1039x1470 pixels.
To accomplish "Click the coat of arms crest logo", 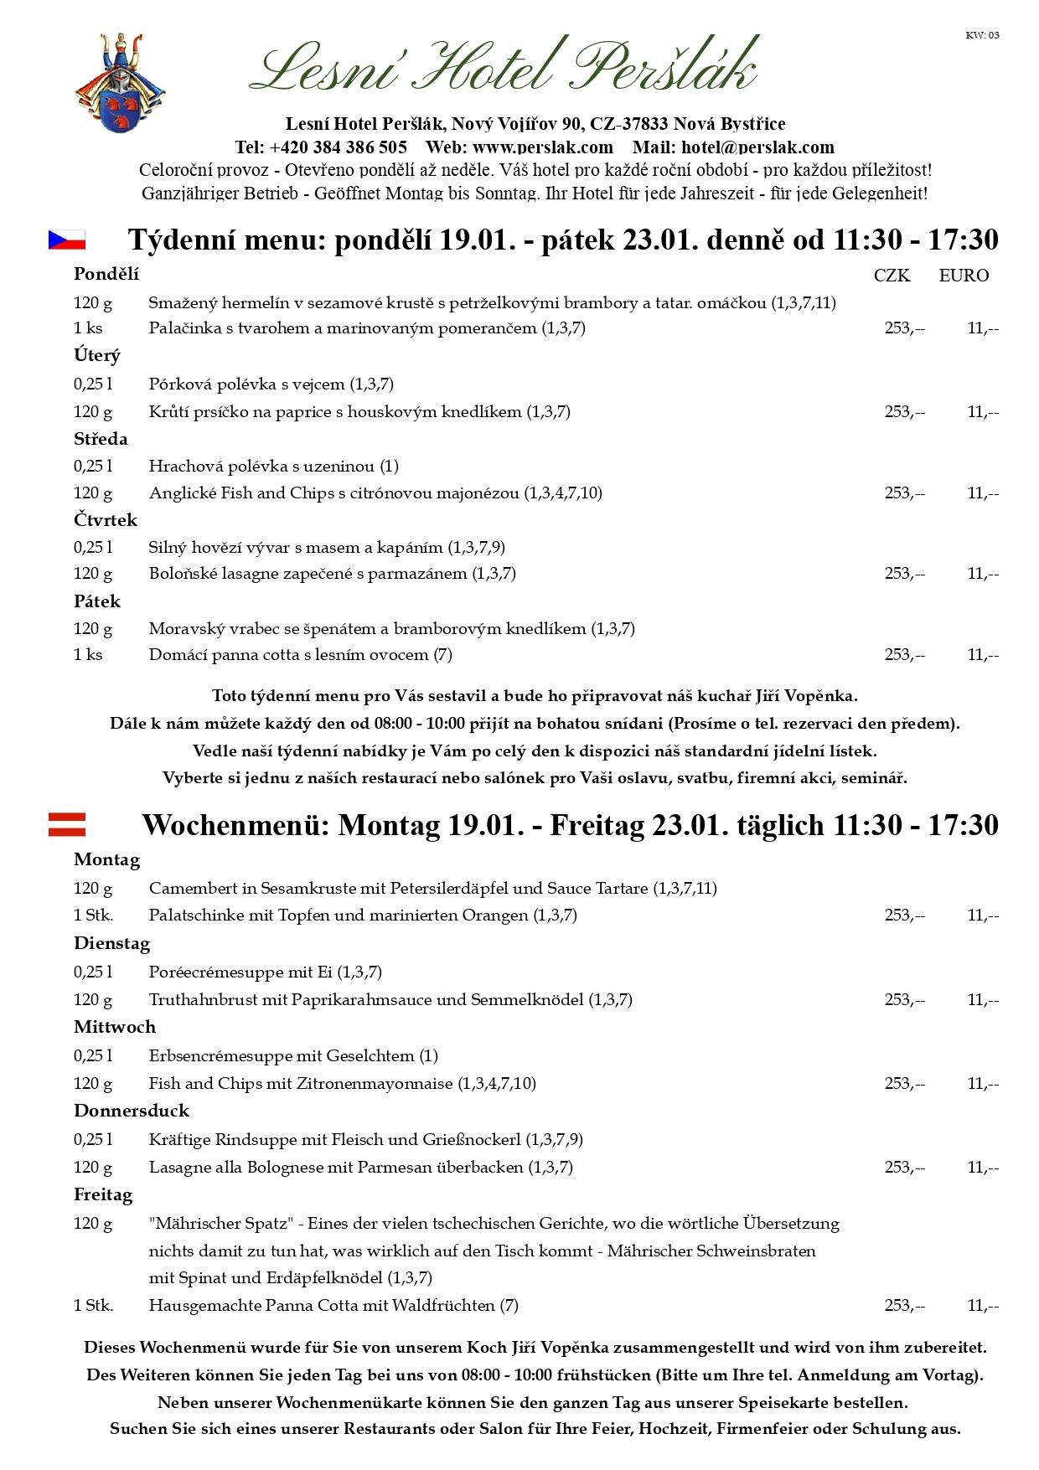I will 120,83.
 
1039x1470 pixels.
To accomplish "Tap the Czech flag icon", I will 66,240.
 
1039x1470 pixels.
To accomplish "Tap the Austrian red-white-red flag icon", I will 66,824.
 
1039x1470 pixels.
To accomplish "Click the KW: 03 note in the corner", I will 982,35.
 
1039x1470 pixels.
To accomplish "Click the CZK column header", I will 892,276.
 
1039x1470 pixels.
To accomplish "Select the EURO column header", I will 964,276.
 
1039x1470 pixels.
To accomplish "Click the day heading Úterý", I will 97,355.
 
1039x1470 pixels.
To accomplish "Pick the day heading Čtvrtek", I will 106,520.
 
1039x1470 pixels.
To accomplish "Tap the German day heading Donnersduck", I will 132,1111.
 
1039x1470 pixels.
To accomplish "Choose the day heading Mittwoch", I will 115,1027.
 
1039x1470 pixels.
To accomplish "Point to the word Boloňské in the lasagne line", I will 182,574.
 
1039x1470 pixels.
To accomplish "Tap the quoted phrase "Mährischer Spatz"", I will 221,1224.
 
